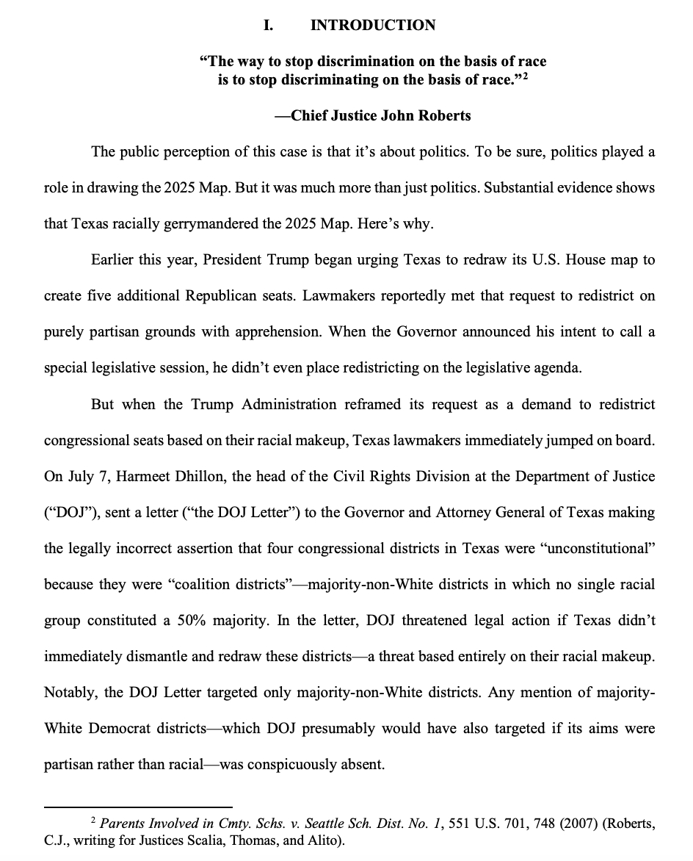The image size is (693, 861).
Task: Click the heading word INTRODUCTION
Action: coord(373,26)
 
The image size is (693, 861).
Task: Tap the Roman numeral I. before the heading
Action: coord(269,26)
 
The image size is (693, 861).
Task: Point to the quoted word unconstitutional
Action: coord(596,549)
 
